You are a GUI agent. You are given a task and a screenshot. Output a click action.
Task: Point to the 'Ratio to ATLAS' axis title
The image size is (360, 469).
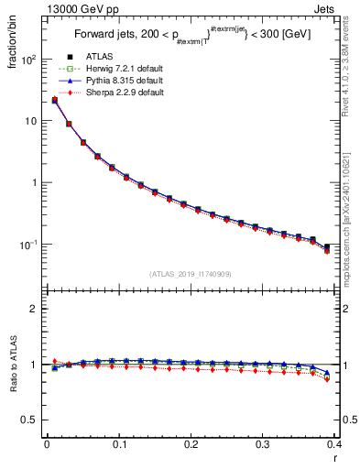point(10,367)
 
